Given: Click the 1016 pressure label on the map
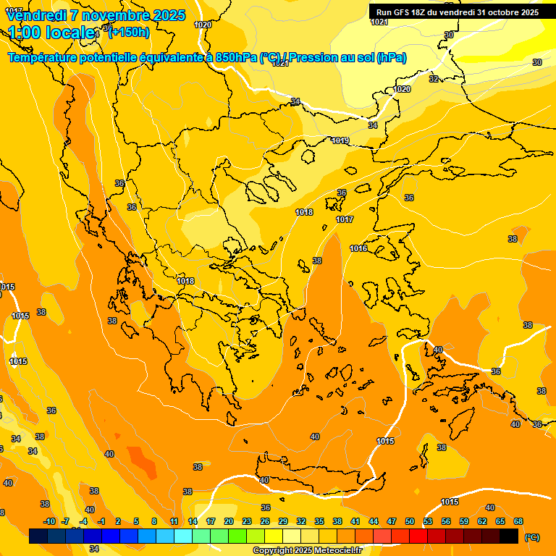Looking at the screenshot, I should tap(358, 248).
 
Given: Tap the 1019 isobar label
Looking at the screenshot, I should tap(341, 140).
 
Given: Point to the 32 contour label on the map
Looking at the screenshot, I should tap(434, 79).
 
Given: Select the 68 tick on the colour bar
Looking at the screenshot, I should tap(518, 521).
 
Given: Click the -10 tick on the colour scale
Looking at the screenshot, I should tap(49, 521).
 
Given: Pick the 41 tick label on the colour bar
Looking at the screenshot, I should tap(355, 521).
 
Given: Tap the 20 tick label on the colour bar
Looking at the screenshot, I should tap(229, 521).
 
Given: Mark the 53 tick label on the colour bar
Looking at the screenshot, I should tap(428, 521).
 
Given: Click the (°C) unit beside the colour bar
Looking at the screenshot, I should tap(531, 537).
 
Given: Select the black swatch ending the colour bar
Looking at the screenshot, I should tap(509, 536).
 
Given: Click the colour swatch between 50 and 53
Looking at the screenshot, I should tap(418, 536).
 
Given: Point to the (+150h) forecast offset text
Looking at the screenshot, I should tap(129, 32).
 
